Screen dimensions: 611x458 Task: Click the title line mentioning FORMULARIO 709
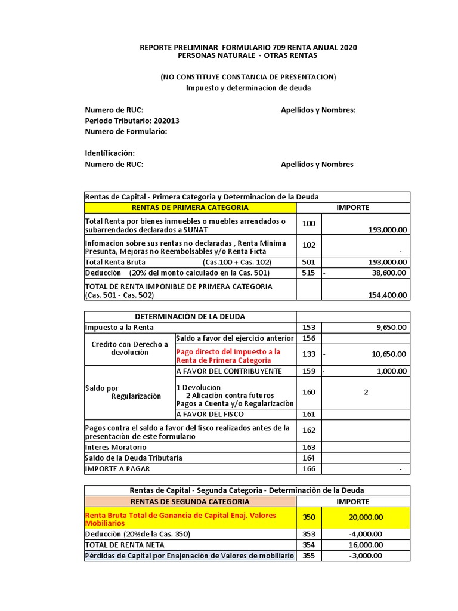249,47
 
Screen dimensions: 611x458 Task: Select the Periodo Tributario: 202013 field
132,121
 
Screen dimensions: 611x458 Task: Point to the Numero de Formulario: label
126,131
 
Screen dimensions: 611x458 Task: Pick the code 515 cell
308,273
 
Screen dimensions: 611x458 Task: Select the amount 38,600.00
389,273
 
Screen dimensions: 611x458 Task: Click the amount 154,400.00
386,295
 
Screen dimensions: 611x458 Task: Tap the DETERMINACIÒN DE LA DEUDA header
190,316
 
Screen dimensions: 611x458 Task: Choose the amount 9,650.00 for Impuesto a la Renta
391,327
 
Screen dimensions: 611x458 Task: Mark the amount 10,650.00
389,354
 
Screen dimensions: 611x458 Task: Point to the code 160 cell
308,392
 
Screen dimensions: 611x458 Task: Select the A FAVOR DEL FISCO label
211,414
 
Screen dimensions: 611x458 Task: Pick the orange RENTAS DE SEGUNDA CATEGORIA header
190,502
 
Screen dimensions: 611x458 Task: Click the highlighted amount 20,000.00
366,517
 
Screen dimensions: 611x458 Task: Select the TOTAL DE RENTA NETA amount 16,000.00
366,545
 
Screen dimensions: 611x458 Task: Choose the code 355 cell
308,556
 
